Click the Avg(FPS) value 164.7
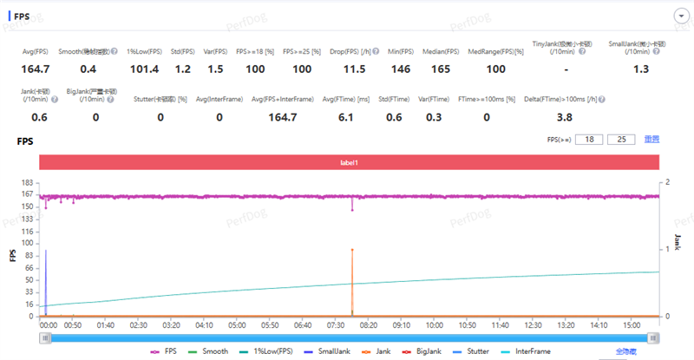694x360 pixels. pyautogui.click(x=36, y=69)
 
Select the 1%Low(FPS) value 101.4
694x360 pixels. pyautogui.click(x=143, y=69)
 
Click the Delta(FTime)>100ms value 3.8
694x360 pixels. pyautogui.click(x=564, y=117)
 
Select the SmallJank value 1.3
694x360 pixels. pyautogui.click(x=641, y=69)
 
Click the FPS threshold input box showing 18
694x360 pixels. pyautogui.click(x=593, y=139)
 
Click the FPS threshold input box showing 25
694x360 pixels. pyautogui.click(x=620, y=139)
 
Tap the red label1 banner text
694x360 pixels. pyautogui.click(x=350, y=162)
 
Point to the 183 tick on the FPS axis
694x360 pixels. pyautogui.click(x=27, y=183)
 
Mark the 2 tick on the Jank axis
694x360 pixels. pyautogui.click(x=667, y=183)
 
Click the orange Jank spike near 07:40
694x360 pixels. pyautogui.click(x=352, y=278)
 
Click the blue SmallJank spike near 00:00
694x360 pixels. pyautogui.click(x=46, y=278)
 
